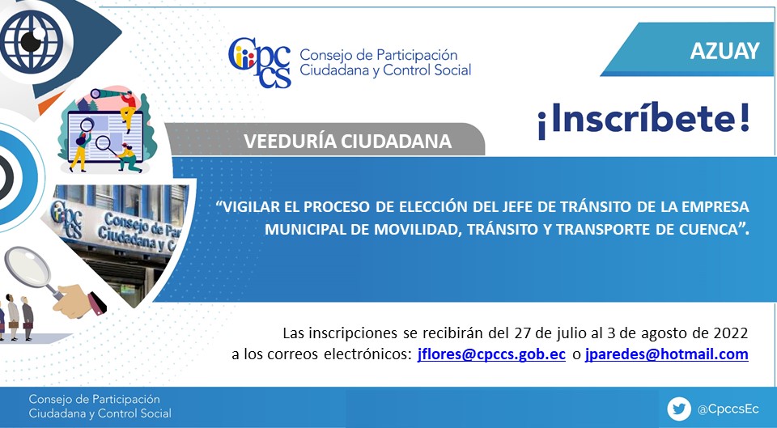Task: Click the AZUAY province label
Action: point(725,50)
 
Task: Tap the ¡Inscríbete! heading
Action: point(643,120)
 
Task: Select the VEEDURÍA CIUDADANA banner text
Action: point(347,142)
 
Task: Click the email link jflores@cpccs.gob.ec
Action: point(491,354)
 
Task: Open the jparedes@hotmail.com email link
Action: point(666,354)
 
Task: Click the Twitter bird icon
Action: point(679,409)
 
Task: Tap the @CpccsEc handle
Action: point(728,409)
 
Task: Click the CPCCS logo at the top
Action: point(260,63)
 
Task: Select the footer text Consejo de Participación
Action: point(94,399)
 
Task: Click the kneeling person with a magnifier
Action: point(128,158)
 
